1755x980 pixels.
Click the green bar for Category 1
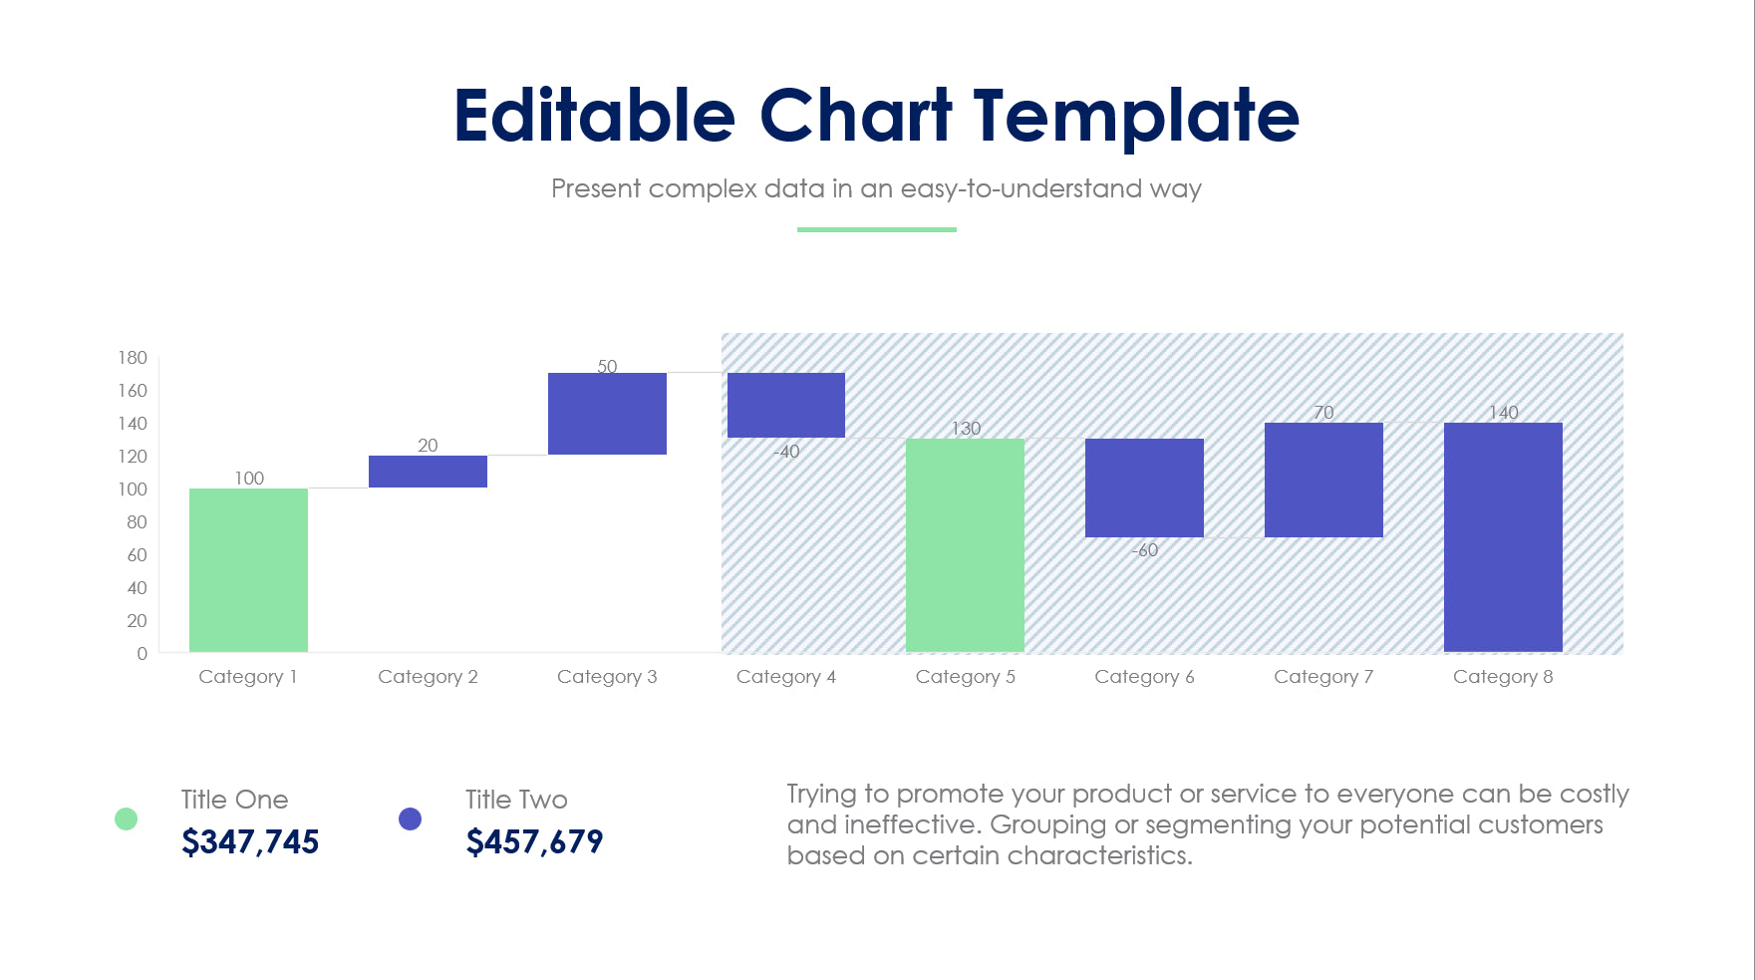248,569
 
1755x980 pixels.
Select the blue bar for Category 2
428,472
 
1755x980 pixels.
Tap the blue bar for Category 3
607,414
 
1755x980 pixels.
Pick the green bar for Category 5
965,544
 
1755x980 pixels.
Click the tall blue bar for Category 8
1503,536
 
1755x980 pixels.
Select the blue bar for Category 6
1144,488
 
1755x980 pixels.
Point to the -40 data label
786,452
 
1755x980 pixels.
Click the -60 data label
1144,550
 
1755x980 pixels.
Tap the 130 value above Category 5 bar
965,428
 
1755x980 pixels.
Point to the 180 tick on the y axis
133,358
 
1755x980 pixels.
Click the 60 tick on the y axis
137,555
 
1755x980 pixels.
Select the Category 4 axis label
785,677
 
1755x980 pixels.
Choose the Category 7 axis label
1323,677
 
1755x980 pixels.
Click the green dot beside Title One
126,818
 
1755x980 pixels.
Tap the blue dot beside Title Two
410,818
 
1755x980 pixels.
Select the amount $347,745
250,842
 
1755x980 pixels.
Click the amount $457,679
534,842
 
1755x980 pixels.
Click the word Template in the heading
1136,117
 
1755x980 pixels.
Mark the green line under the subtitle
876,229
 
